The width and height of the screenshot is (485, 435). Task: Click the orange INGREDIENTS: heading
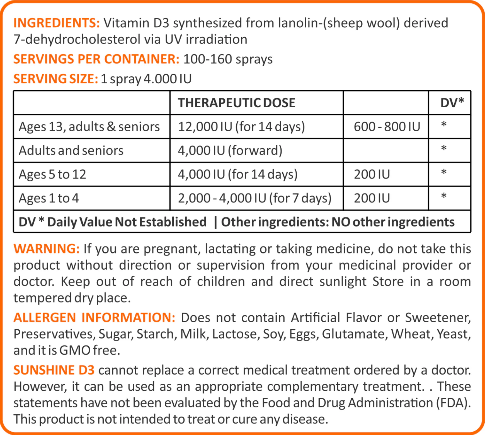(57, 23)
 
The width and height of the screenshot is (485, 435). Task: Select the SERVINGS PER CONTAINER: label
(96, 59)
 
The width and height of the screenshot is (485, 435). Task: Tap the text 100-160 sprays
(228, 59)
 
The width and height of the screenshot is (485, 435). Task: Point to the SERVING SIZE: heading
(56, 79)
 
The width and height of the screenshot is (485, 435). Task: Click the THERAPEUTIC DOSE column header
(236, 103)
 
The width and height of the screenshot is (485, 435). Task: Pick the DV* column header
(452, 103)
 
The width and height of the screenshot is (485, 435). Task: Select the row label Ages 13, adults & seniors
(89, 127)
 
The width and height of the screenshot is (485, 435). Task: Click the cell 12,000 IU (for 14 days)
(241, 127)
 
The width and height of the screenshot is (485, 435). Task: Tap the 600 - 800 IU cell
(387, 127)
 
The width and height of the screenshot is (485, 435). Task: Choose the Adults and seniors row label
(71, 151)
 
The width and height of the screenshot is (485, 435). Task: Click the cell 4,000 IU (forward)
(230, 151)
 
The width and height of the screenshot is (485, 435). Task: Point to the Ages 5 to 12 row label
(52, 175)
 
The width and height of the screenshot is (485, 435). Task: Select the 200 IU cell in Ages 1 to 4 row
(372, 198)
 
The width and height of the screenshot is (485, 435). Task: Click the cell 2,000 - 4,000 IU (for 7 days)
(254, 198)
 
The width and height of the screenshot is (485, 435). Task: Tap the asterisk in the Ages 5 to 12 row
(444, 172)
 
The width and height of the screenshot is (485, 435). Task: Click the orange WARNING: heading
(47, 248)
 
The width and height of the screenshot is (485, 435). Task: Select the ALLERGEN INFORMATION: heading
(94, 317)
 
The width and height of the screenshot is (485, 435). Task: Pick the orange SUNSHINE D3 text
(54, 370)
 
